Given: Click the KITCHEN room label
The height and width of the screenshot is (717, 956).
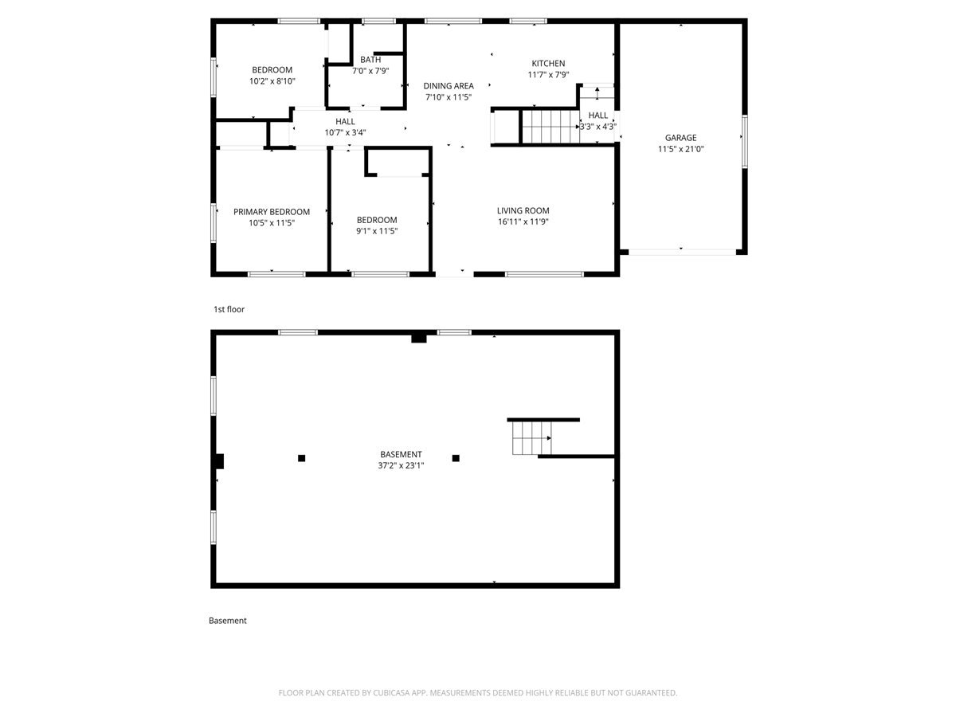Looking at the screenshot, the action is click(x=548, y=64).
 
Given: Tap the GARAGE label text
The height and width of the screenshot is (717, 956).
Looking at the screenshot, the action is click(x=680, y=138).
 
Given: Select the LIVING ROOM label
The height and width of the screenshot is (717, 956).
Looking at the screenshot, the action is click(x=523, y=210).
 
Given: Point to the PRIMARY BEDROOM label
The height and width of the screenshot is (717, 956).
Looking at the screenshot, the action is click(x=272, y=212).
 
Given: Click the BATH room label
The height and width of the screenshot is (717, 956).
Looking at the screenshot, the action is click(x=370, y=60).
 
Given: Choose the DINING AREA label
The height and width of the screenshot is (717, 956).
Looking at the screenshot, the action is click(x=449, y=86).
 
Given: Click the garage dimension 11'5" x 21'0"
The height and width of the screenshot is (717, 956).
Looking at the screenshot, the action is click(x=680, y=149).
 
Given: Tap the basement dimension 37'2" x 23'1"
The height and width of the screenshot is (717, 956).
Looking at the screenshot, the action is click(x=401, y=465).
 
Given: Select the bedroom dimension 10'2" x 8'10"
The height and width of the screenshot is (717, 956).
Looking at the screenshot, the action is click(x=272, y=81).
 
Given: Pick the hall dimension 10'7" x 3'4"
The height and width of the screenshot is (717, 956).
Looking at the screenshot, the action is click(x=345, y=133).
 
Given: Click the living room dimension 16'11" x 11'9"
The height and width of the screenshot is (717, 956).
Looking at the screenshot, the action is click(x=523, y=221).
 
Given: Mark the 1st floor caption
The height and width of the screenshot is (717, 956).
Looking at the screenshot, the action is click(x=229, y=310).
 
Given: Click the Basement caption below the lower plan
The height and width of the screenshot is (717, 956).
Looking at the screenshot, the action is click(x=227, y=621).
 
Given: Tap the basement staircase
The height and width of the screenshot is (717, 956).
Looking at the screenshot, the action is click(x=532, y=438).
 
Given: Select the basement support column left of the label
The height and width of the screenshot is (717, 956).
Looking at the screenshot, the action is click(x=301, y=458).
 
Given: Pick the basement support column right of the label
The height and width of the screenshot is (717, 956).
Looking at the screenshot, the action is click(x=456, y=458).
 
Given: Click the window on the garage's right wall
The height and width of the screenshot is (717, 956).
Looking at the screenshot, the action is click(x=744, y=142).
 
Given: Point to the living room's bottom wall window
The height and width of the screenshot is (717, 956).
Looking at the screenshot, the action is click(x=544, y=274).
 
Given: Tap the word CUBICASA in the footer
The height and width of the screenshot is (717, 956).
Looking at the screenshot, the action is click(x=390, y=692).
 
